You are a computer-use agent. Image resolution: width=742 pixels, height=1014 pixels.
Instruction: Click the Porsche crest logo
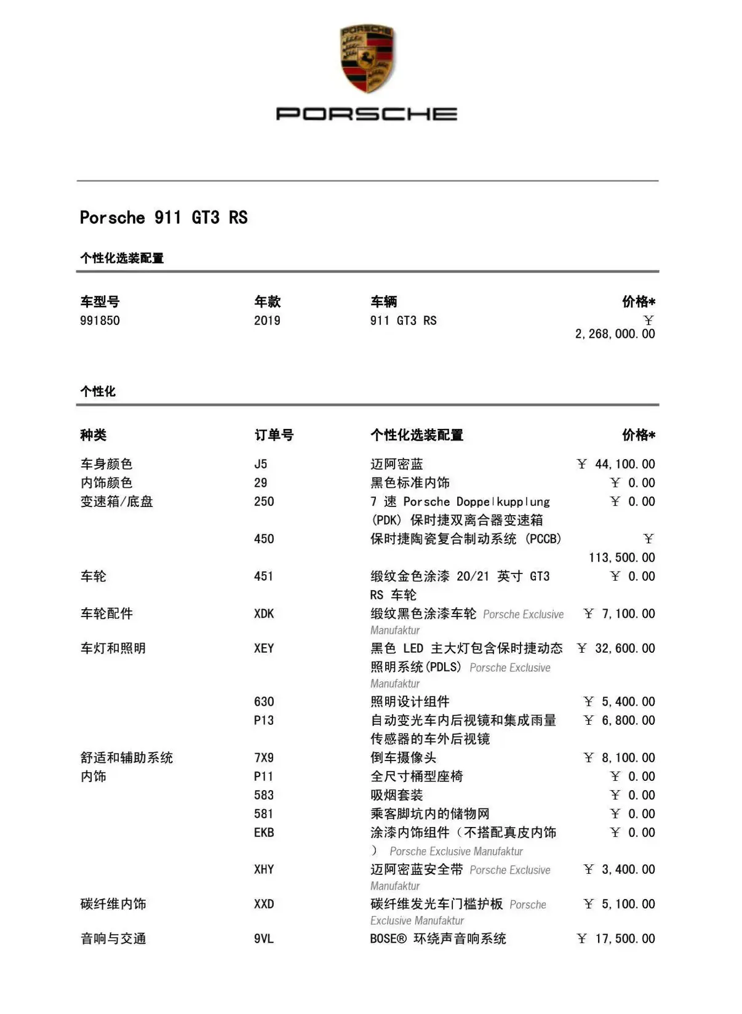(x=367, y=59)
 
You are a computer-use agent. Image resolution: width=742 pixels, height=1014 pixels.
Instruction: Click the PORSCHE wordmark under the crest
(x=367, y=114)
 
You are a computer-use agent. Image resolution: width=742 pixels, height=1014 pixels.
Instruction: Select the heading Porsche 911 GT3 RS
(x=164, y=218)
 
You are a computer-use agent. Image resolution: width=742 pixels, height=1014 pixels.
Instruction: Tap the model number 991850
(x=100, y=321)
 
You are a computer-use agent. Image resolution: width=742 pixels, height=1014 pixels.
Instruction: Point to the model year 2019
(x=267, y=321)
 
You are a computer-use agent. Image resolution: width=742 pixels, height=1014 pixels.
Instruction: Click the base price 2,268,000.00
(x=615, y=334)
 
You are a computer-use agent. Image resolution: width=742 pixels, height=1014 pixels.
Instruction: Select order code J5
(x=261, y=464)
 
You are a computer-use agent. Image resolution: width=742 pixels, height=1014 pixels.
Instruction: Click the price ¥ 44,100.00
(x=616, y=464)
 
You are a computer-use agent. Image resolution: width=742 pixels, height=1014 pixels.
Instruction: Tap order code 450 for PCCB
(x=264, y=539)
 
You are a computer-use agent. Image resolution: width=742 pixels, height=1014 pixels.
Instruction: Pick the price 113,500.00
(x=621, y=557)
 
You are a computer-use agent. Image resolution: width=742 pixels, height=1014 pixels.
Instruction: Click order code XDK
(x=264, y=613)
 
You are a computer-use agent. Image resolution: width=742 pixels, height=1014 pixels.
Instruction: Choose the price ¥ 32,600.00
(x=616, y=649)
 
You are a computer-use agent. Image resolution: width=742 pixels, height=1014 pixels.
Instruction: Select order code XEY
(x=264, y=649)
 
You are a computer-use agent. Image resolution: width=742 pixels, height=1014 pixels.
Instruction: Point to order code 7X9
(x=264, y=758)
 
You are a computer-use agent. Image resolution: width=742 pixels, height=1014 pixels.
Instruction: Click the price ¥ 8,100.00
(x=619, y=758)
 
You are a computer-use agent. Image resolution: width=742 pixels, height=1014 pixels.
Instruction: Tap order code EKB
(x=264, y=832)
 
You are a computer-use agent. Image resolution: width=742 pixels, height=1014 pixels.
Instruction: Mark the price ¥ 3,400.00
(x=619, y=869)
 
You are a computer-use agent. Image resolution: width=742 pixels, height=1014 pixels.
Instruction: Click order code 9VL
(x=264, y=939)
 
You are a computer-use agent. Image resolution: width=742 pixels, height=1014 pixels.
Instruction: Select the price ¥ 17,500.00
(x=616, y=939)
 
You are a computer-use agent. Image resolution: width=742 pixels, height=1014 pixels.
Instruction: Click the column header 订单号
(x=274, y=436)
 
